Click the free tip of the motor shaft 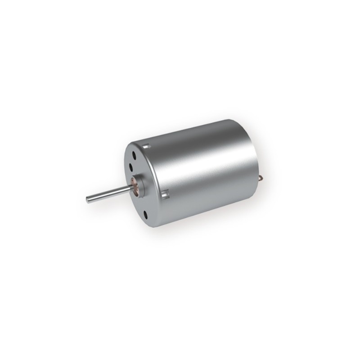click(87, 198)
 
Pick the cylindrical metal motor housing click(202, 171)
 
